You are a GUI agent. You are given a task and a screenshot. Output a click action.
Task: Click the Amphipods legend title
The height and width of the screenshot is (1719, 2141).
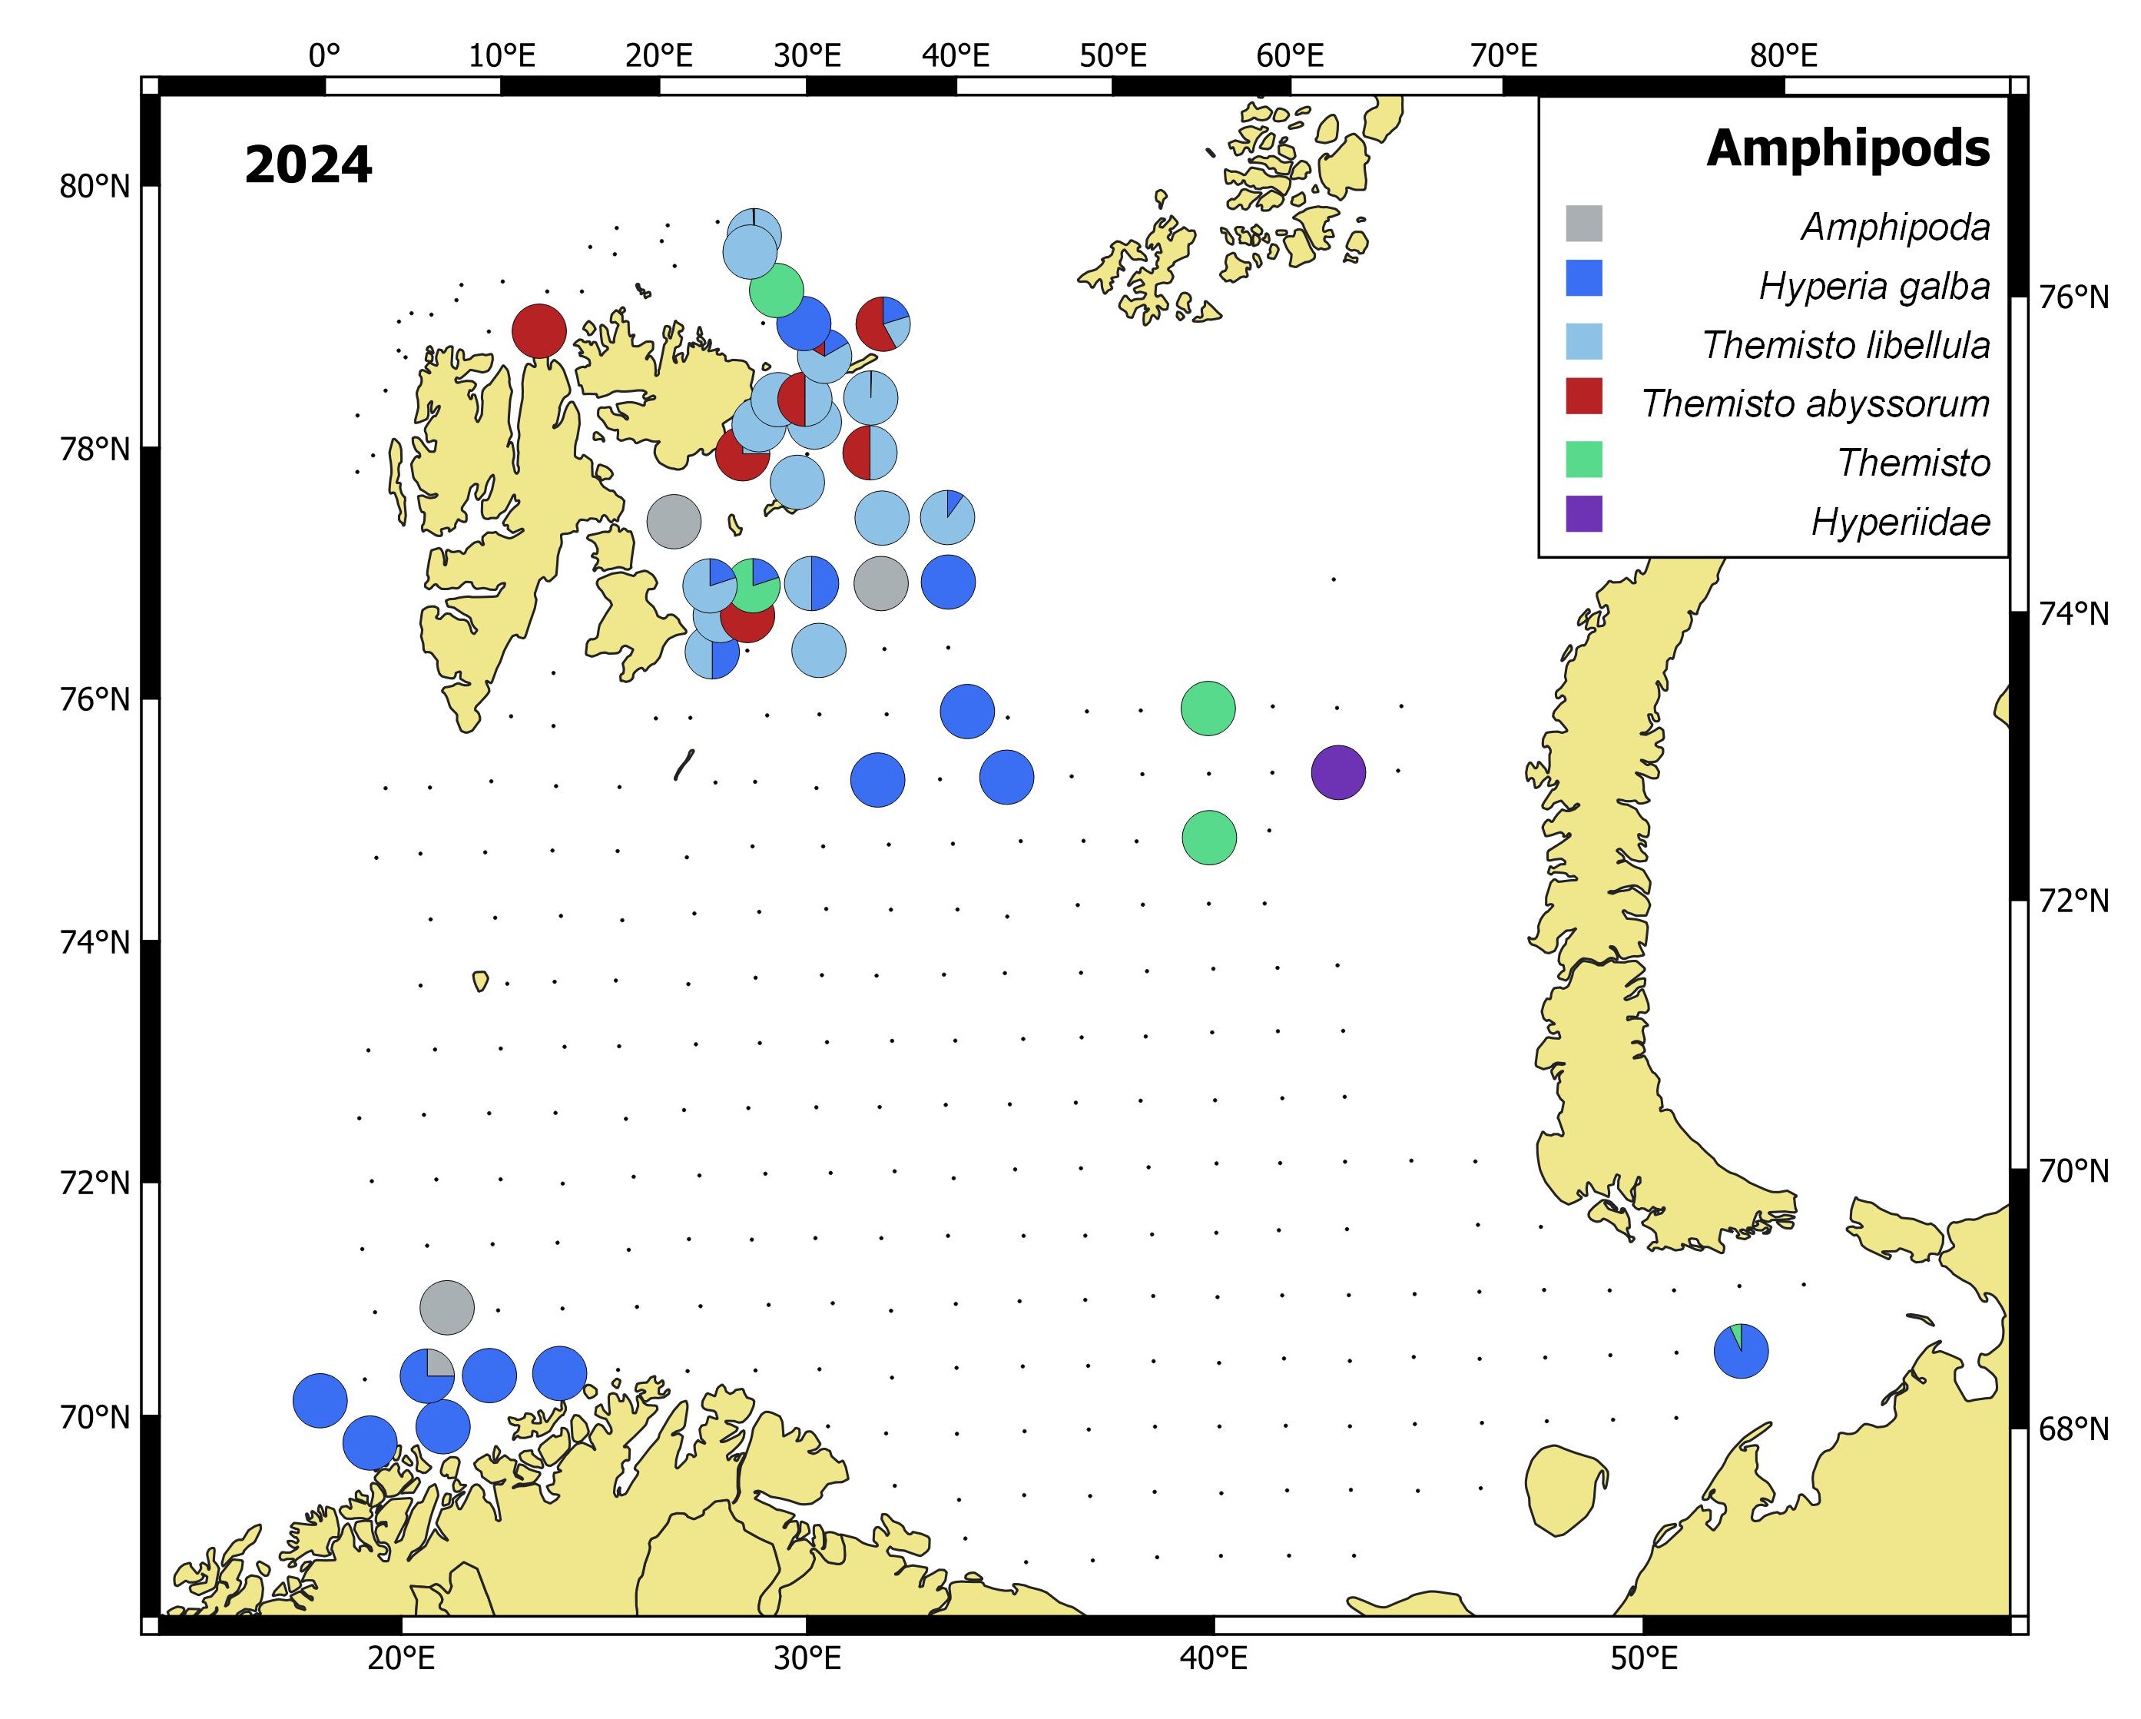pyautogui.click(x=1848, y=149)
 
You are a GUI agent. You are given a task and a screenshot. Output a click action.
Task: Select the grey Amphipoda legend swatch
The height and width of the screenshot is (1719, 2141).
pyautogui.click(x=1584, y=224)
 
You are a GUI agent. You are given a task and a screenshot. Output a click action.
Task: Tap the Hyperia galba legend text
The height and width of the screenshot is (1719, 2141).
pyautogui.click(x=1874, y=286)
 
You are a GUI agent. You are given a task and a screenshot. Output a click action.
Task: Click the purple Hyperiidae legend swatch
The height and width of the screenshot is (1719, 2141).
pyautogui.click(x=1584, y=513)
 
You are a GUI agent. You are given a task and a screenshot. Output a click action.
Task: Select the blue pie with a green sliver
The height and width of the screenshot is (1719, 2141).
pyautogui.click(x=1741, y=1351)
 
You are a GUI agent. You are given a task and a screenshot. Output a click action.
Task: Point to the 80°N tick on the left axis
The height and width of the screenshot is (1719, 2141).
pyautogui.click(x=94, y=186)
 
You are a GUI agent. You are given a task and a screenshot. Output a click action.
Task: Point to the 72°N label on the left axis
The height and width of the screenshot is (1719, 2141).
pyautogui.click(x=94, y=1183)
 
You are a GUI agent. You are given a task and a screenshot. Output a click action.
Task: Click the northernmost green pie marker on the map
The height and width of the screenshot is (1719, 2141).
pyautogui.click(x=776, y=290)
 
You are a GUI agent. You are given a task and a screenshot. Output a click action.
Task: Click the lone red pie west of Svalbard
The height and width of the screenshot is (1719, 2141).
pyautogui.click(x=539, y=330)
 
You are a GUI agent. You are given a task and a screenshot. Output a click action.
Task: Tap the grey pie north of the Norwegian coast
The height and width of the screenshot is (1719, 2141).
pyautogui.click(x=447, y=1307)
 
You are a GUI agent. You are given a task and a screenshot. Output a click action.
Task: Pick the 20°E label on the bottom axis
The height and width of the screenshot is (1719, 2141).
pyautogui.click(x=400, y=1658)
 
